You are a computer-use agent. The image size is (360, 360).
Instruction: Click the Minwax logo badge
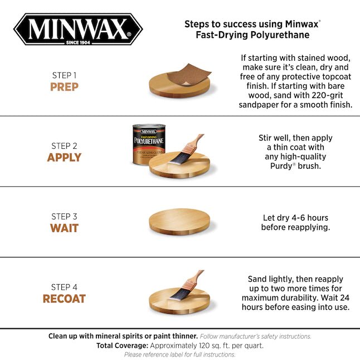(x=78, y=29)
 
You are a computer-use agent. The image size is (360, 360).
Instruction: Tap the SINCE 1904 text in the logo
(x=78, y=42)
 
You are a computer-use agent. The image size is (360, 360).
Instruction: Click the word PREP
(x=64, y=87)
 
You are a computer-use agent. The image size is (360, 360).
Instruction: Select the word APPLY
(x=64, y=158)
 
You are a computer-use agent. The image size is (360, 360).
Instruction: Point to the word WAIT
(x=64, y=228)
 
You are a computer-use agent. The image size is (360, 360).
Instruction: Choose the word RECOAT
(x=64, y=299)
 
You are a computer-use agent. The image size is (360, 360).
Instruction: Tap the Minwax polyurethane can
(x=149, y=145)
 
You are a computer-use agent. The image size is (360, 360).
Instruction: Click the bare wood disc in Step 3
(x=179, y=222)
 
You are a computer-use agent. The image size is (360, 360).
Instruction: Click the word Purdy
(x=281, y=166)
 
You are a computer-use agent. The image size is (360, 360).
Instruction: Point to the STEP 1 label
(x=64, y=75)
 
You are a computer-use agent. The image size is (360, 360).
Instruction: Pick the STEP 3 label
(x=64, y=217)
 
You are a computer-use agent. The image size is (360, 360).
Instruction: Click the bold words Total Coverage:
(x=123, y=346)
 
